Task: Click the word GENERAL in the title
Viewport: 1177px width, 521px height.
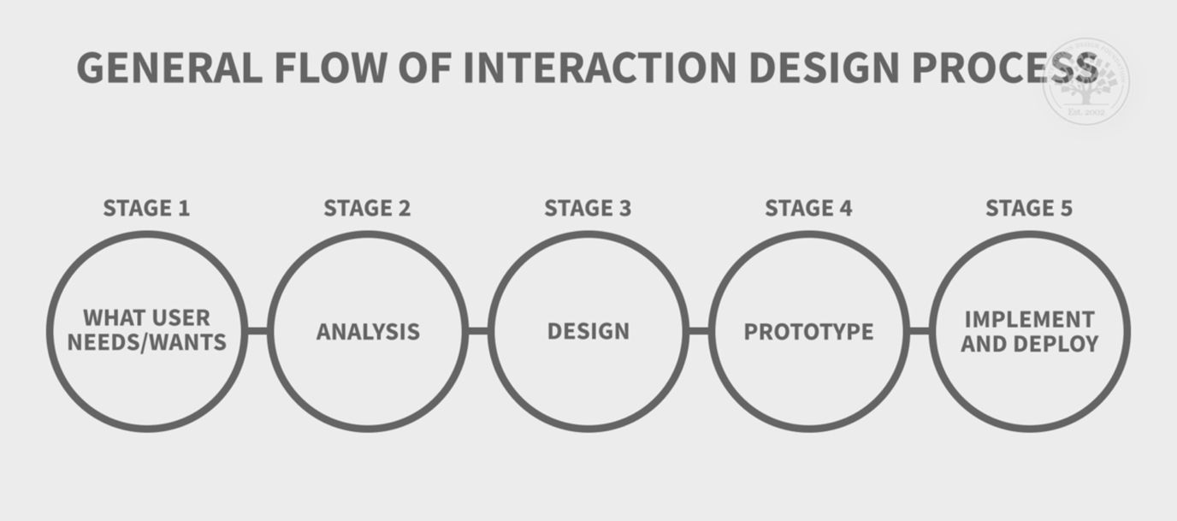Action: click(x=169, y=68)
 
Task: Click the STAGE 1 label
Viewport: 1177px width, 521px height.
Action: click(x=146, y=208)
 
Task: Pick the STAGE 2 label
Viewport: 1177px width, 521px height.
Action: click(x=367, y=208)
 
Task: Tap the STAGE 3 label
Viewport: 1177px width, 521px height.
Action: click(x=588, y=208)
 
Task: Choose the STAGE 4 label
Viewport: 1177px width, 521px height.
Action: click(x=808, y=208)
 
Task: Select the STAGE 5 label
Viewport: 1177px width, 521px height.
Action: click(x=1029, y=208)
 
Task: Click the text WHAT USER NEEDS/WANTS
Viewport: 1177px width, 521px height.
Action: click(x=147, y=331)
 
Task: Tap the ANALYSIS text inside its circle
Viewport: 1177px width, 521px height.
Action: click(x=368, y=332)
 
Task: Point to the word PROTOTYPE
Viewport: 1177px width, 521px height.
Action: click(x=808, y=332)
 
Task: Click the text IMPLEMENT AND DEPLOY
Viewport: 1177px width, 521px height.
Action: click(x=1029, y=331)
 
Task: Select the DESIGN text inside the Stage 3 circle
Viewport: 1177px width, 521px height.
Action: click(x=588, y=332)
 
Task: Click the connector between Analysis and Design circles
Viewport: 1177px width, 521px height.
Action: click(x=478, y=331)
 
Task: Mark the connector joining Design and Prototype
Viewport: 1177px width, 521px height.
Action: click(x=699, y=331)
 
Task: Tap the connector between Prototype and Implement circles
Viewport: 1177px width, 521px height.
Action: click(x=920, y=331)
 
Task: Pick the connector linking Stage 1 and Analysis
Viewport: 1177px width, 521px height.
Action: click(x=257, y=331)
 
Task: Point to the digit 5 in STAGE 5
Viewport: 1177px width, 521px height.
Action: click(x=1065, y=208)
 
